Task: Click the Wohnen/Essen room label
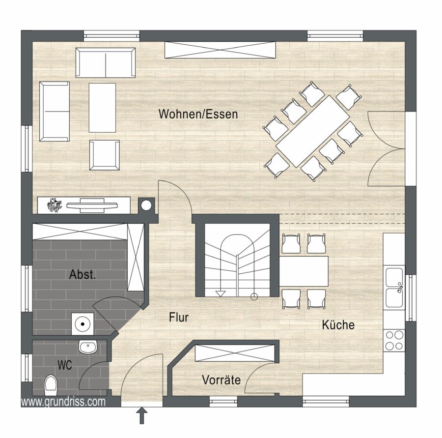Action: pos(198,114)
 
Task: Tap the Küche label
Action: pos(338,324)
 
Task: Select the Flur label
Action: pos(179,318)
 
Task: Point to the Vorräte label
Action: pos(221,380)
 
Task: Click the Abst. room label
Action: pos(83,274)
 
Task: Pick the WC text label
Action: pos(64,365)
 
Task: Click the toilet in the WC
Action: pos(51,385)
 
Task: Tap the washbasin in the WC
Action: pos(88,347)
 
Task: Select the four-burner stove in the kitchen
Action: pos(394,340)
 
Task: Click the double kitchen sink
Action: pos(394,288)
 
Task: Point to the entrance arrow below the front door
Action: pos(142,415)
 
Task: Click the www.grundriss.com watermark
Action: pos(63,402)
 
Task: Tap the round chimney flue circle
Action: pos(146,205)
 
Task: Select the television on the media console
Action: pos(92,205)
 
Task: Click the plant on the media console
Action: pos(55,205)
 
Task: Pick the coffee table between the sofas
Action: pos(102,108)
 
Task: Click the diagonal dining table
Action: pos(313,132)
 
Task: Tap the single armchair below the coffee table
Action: pos(104,155)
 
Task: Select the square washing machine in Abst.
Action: pos(83,323)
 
